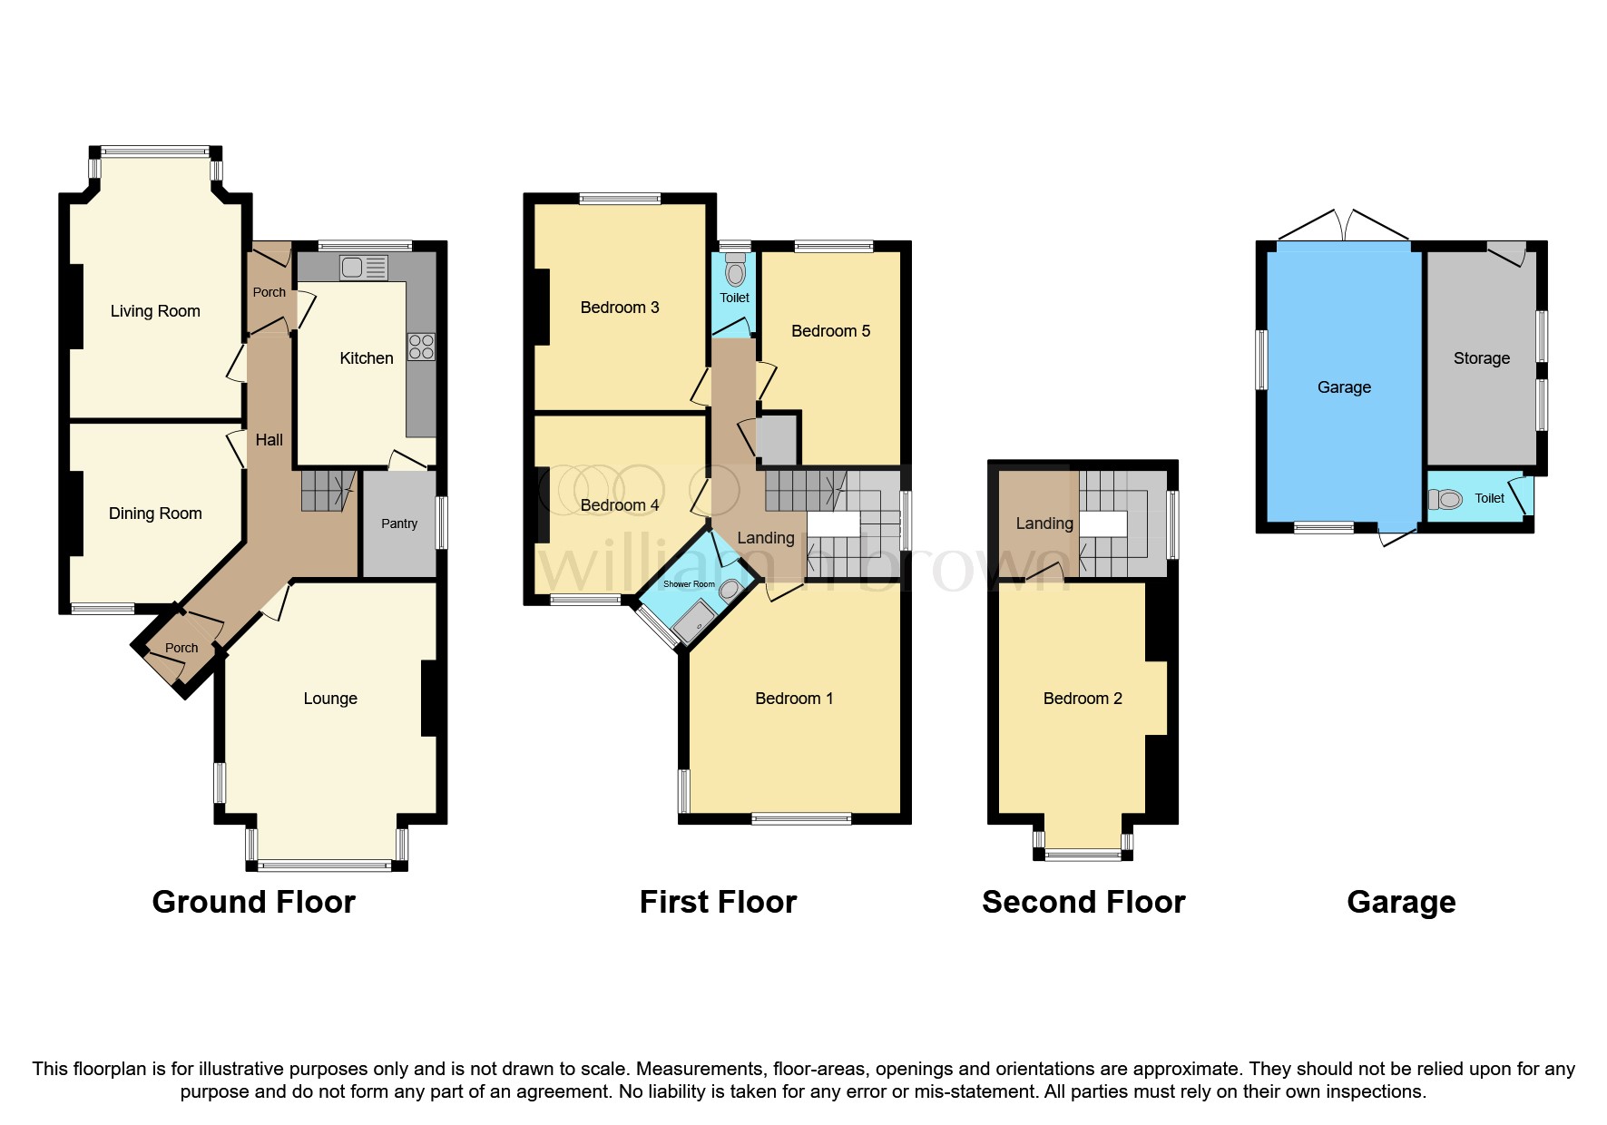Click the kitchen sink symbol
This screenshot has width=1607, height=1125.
point(363,268)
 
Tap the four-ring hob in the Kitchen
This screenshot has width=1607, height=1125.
point(421,347)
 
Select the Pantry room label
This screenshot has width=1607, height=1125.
point(399,523)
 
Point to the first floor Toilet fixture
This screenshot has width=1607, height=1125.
point(735,270)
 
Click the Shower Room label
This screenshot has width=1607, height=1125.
point(689,584)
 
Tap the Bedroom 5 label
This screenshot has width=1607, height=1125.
point(830,331)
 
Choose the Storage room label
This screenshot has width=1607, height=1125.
point(1481,358)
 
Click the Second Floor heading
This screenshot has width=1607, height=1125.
point(1083,902)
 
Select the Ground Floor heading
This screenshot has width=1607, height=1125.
point(253,902)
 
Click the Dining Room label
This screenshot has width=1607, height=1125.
point(155,514)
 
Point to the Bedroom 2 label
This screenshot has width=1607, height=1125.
point(1083,699)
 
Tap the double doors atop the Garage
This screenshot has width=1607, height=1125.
point(1345,225)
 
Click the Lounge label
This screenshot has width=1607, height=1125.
point(330,699)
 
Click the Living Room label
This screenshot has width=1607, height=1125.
point(155,311)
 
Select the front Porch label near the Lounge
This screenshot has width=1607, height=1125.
point(181,648)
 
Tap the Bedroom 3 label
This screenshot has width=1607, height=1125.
point(620,308)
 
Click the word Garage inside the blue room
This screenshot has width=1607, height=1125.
point(1344,387)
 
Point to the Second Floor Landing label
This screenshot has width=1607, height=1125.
point(1044,523)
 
